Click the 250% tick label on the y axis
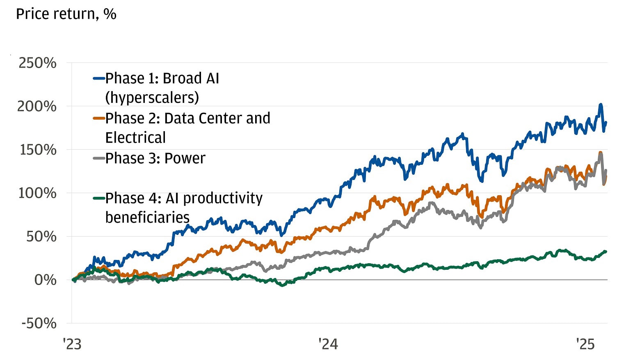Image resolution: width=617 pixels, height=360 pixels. (x=37, y=63)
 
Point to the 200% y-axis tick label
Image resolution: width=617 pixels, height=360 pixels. (x=37, y=107)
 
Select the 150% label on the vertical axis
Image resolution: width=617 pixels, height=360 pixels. (x=38, y=150)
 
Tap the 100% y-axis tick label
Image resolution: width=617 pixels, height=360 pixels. (x=37, y=193)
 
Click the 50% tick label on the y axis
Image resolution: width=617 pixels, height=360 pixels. (x=41, y=237)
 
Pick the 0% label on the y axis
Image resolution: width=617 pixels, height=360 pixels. (x=45, y=280)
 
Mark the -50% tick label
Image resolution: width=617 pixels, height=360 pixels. (x=39, y=324)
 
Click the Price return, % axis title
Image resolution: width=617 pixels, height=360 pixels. (x=66, y=14)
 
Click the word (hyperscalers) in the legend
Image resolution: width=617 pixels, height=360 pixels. (x=152, y=98)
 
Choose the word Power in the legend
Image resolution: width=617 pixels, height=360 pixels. (x=185, y=158)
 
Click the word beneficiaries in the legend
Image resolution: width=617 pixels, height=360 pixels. (x=147, y=217)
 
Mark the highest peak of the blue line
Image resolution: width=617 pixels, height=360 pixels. (x=601, y=105)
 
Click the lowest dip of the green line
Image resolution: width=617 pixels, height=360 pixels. (x=282, y=285)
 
